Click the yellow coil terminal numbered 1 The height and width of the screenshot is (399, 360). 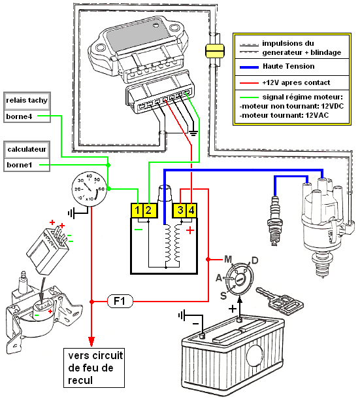point(137,211)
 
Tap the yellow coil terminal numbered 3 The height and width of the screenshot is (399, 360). point(180,211)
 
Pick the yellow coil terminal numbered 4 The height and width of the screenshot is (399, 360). point(191,211)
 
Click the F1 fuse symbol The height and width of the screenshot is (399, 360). point(120,302)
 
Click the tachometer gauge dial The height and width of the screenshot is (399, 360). point(89,189)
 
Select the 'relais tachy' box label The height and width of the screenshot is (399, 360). point(27,101)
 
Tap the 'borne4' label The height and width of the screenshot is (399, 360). point(20,116)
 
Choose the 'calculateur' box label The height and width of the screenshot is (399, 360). point(27,149)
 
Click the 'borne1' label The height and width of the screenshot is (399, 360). point(20,165)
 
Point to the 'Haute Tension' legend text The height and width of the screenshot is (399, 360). point(289,67)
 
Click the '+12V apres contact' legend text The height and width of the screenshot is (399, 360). point(296,82)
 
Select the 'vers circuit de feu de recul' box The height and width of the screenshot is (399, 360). point(94,368)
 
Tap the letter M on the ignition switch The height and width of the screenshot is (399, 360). point(228,260)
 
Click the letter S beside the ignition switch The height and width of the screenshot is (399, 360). point(223,296)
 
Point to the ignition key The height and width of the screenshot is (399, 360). point(280,301)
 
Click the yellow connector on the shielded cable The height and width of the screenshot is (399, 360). point(215,50)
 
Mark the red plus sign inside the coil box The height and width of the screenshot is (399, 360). point(190,230)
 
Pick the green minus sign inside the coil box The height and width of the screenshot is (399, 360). point(139,230)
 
